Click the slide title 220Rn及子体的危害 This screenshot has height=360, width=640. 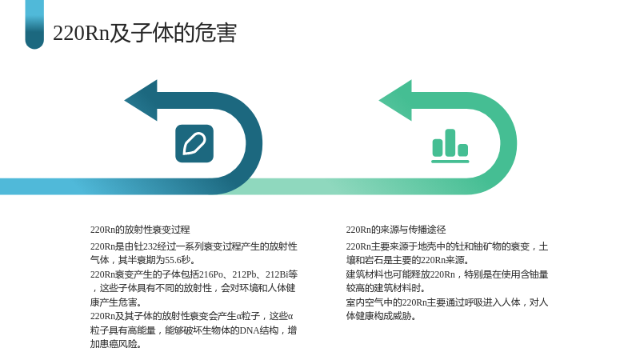coord(145,33)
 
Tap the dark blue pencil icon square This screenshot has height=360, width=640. coord(194,144)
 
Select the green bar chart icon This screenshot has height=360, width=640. coord(450,146)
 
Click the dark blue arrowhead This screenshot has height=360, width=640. coord(141,101)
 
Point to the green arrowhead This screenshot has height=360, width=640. coord(395,101)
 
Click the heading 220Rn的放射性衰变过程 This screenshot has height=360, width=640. coord(140,230)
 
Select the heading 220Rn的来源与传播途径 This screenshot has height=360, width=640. coord(396,230)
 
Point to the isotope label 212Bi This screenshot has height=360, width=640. coord(277,274)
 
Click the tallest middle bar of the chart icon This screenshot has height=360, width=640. coord(450,142)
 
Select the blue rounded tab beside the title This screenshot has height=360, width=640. coord(34,25)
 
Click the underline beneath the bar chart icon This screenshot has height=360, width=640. coord(450,162)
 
